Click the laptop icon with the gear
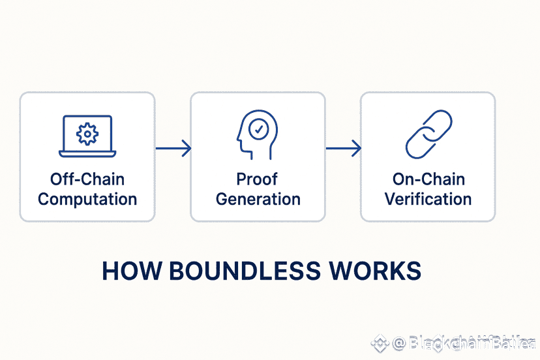click(x=87, y=136)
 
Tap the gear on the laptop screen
click(x=87, y=133)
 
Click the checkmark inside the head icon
click(x=260, y=129)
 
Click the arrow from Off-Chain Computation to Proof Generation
click(x=173, y=149)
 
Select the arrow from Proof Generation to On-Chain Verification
click(x=344, y=149)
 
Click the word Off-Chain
click(x=87, y=179)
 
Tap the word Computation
click(x=87, y=199)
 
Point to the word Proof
click(x=258, y=179)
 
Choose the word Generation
click(x=258, y=199)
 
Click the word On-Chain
click(x=428, y=179)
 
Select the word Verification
click(x=428, y=199)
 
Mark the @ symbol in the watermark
click(x=399, y=343)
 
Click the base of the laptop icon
click(x=87, y=154)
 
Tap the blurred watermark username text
click(x=467, y=343)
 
